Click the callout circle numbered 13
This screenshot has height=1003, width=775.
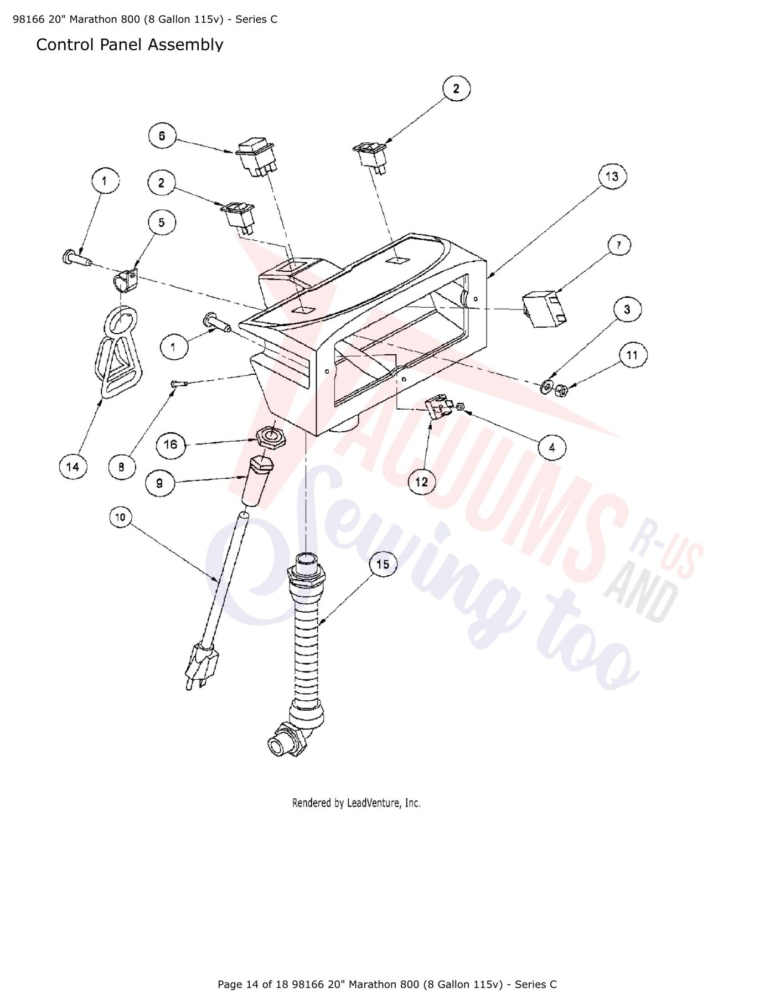(x=611, y=177)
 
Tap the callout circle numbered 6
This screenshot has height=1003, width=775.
(x=162, y=136)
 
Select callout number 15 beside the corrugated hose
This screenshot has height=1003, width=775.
(x=383, y=565)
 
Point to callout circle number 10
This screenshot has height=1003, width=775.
(x=120, y=518)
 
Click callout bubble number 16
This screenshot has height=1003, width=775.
(x=170, y=444)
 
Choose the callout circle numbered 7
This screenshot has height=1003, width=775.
(x=619, y=245)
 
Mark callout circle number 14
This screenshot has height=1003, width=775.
(x=73, y=467)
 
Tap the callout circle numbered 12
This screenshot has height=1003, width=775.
(x=422, y=482)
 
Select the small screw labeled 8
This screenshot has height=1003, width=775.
(x=178, y=384)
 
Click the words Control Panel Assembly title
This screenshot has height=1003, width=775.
(x=130, y=45)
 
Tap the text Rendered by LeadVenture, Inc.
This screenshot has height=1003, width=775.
(x=356, y=803)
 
